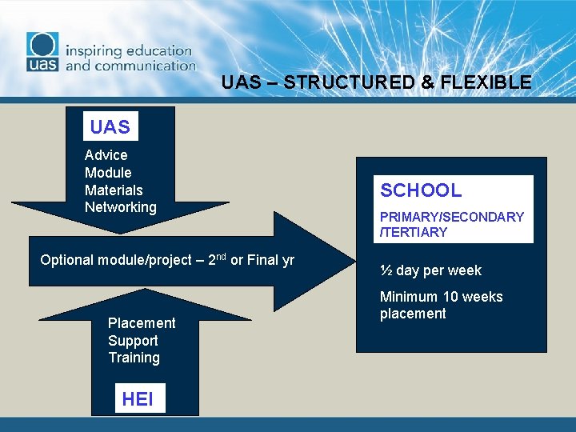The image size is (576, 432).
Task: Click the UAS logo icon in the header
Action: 42,54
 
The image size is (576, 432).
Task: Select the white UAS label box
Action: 110,127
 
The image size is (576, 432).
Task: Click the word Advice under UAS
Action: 106,155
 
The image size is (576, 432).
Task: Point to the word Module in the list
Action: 108,173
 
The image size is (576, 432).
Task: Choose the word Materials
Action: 114,190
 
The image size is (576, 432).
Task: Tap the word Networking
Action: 121,207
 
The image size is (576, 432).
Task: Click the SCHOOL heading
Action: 421,190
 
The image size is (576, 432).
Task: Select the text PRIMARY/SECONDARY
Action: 452,217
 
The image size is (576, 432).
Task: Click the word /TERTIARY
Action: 414,232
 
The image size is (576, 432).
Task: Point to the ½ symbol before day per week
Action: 386,270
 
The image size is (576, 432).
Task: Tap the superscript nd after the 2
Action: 220,256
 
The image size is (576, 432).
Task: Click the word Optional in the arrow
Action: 66,260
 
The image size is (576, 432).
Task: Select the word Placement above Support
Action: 142,323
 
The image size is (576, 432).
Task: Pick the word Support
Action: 133,341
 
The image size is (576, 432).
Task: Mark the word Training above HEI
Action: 134,358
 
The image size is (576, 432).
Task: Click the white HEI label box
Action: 139,398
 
